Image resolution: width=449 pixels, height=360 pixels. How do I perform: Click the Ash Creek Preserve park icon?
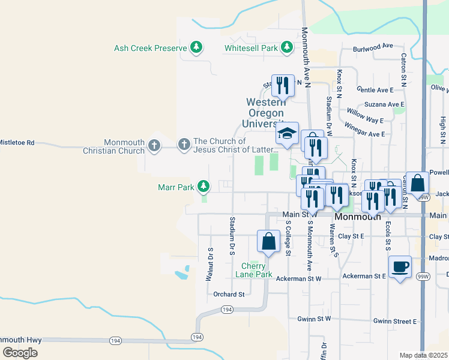point(196,47)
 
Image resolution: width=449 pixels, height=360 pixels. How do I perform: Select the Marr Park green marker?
point(204,187)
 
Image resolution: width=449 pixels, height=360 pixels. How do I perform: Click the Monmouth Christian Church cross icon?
point(154,145)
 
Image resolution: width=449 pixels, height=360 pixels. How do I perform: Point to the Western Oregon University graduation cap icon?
point(287,134)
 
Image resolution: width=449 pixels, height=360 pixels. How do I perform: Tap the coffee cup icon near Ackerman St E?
point(399,267)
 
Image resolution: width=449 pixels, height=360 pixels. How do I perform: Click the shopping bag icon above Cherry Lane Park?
point(268,241)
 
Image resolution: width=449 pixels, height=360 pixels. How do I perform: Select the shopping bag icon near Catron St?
point(419,182)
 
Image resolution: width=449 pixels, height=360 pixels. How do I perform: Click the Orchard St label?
point(229,294)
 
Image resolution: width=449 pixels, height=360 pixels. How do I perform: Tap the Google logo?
point(20,353)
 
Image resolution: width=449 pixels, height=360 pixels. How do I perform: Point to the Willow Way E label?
point(366,112)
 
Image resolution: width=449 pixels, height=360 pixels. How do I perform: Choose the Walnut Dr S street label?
point(210,264)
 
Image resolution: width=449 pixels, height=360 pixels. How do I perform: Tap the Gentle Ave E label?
point(375,89)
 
